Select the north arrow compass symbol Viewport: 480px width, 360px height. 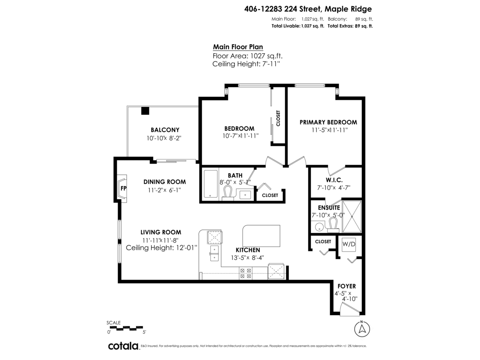pos(362,329)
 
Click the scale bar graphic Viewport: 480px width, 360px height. pos(126,328)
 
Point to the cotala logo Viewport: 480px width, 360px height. pos(123,346)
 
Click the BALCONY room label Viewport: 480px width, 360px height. pos(165,130)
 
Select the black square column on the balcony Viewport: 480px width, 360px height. pos(145,111)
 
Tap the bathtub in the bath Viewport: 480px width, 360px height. pos(210,184)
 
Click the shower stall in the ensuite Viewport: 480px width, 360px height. pos(352,216)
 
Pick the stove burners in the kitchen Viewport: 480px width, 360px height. pos(245,273)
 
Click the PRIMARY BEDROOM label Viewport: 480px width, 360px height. pos(328,122)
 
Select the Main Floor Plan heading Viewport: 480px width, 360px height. pos(238,47)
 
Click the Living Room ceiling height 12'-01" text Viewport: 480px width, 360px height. pos(162,248)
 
